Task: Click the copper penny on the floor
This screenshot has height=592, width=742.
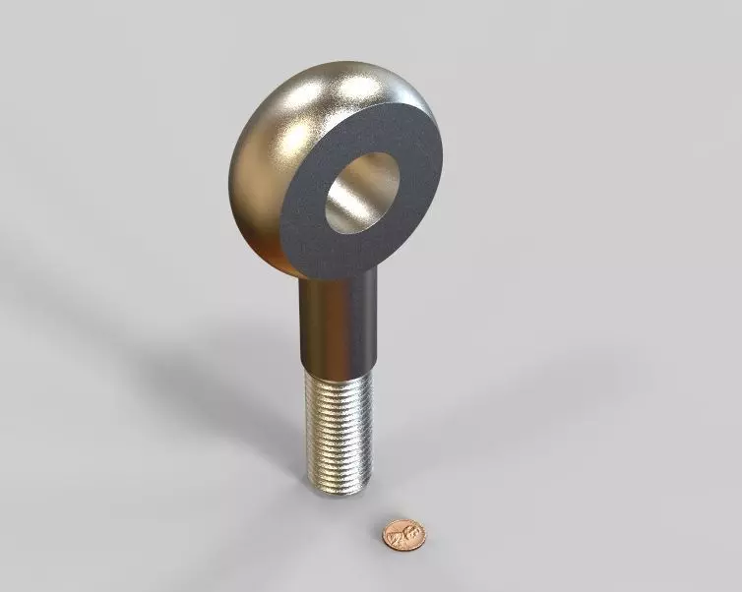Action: [403, 534]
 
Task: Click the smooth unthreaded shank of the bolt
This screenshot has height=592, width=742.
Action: [337, 320]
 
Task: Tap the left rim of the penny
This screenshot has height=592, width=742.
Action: [385, 536]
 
